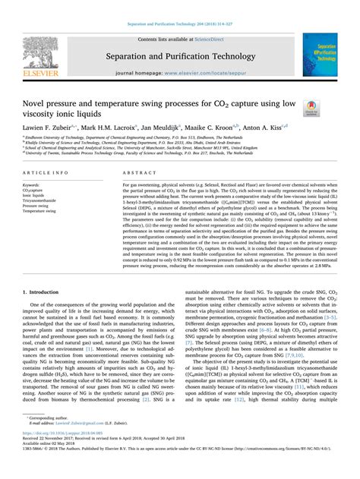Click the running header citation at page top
[x=179, y=6]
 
